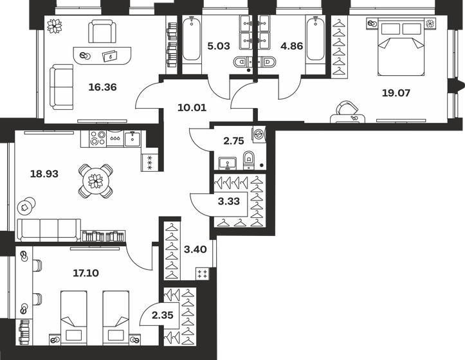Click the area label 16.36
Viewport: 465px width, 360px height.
click(x=102, y=87)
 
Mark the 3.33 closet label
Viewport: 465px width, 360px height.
click(x=230, y=201)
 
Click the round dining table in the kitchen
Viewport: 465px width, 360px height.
click(x=95, y=181)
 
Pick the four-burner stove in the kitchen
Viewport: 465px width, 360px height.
click(x=97, y=138)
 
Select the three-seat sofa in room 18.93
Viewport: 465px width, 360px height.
click(x=49, y=230)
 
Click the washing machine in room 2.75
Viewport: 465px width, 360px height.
click(x=257, y=135)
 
